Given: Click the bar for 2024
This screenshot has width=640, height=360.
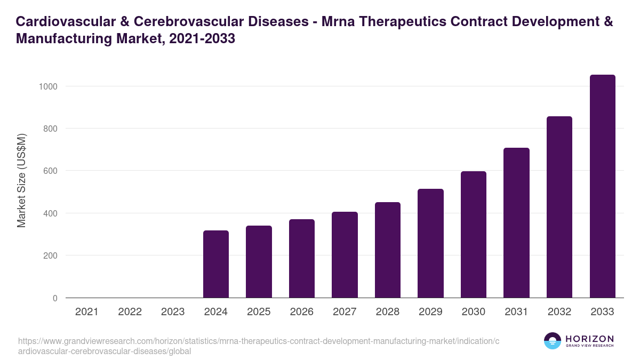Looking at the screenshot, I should click(x=216, y=264).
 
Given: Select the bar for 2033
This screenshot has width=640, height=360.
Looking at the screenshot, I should click(x=602, y=186).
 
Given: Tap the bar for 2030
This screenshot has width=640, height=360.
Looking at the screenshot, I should click(x=474, y=235).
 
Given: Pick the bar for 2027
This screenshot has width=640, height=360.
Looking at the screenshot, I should click(x=345, y=255).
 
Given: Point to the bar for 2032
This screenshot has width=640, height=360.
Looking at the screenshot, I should click(x=559, y=207).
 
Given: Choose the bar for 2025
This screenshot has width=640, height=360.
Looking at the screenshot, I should click(x=259, y=262).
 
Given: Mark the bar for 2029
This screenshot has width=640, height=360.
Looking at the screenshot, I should click(x=430, y=243).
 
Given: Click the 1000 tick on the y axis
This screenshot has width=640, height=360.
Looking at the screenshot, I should click(x=48, y=86).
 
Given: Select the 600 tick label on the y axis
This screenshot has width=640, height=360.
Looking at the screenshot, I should click(x=50, y=171).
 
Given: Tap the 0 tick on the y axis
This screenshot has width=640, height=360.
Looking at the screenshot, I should click(x=55, y=298).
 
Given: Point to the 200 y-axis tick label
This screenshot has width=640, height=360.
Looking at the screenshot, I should click(x=50, y=256).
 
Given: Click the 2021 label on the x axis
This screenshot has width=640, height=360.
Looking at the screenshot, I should click(x=87, y=312).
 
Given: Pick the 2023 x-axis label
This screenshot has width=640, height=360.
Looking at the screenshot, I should click(x=173, y=312).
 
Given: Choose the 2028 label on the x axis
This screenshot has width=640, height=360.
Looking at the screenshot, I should click(x=388, y=312).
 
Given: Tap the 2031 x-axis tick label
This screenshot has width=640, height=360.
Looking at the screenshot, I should click(x=516, y=312).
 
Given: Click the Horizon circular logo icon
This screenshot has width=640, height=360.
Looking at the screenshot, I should click(x=552, y=341).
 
